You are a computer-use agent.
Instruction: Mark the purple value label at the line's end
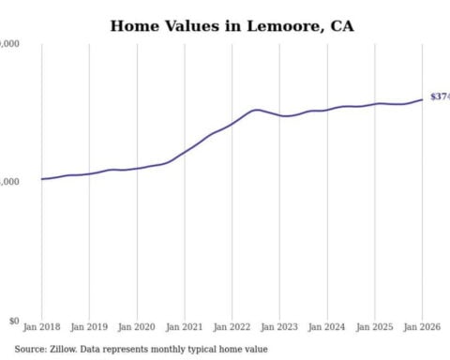440,97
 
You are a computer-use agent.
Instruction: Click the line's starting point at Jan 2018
41,179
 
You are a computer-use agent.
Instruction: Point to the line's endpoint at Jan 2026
422,98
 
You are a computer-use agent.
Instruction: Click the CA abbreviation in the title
342,25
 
